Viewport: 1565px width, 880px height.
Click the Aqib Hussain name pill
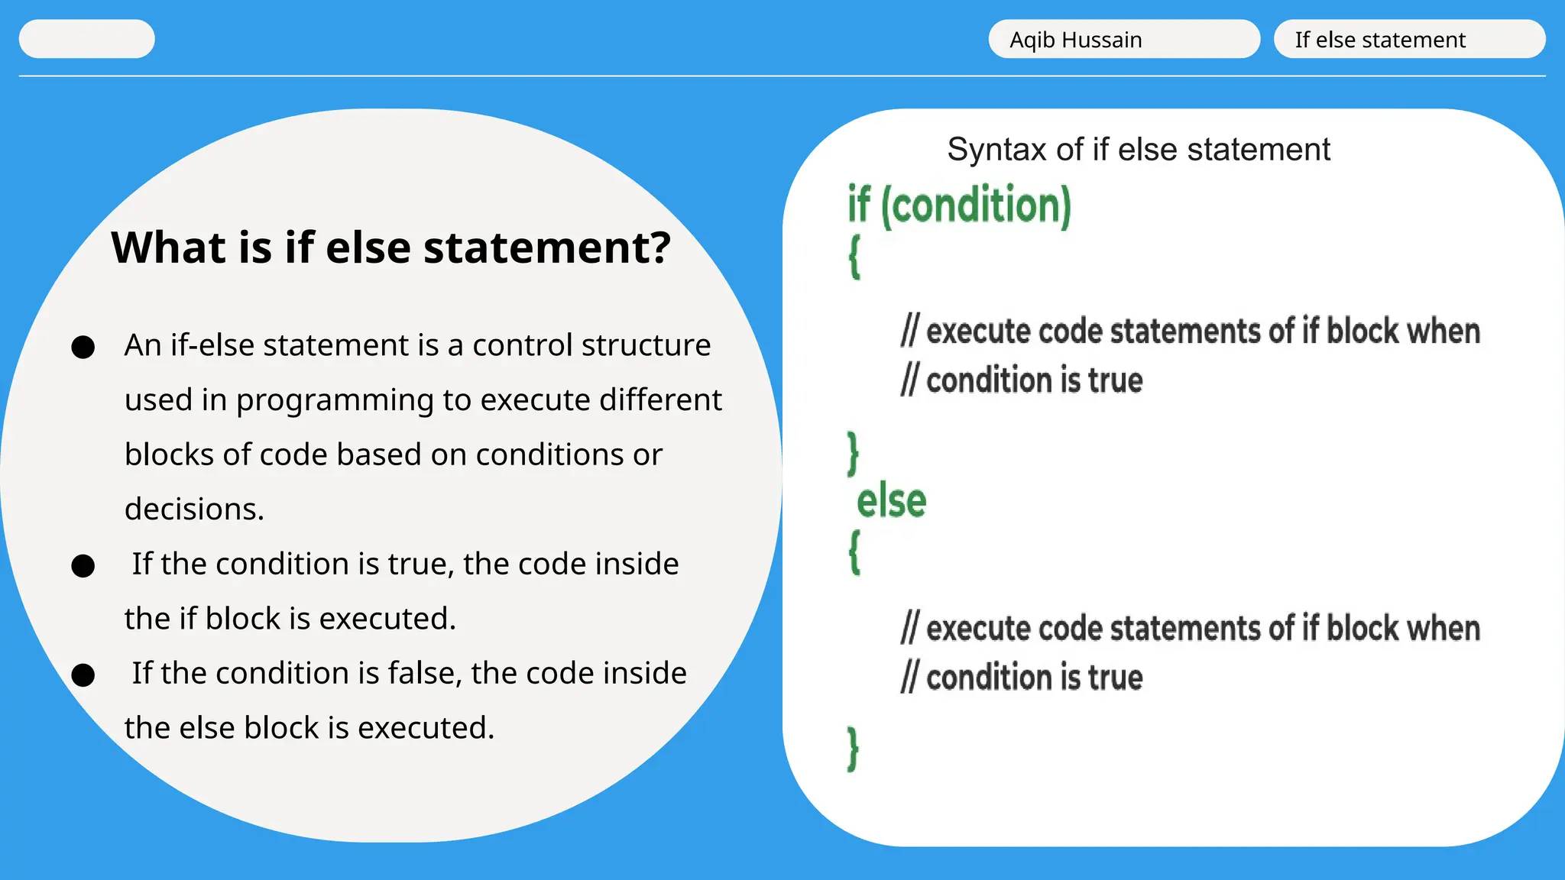pos(1123,39)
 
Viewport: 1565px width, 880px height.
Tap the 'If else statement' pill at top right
pos(1409,39)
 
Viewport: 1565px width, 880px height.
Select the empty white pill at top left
pos(86,39)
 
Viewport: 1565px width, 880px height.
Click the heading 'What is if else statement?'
pos(390,247)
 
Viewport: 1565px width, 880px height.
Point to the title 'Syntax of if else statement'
pos(1138,149)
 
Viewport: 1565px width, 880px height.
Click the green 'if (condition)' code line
pos(959,205)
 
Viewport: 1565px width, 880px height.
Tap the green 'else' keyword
pos(891,502)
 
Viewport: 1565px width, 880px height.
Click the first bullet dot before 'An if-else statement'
pos(83,347)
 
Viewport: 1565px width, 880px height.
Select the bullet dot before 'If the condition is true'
pos(83,566)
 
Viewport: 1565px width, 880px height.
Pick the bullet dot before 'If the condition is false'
pos(83,675)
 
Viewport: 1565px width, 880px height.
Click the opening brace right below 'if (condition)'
pos(854,257)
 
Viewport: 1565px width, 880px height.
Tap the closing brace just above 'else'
pos(853,453)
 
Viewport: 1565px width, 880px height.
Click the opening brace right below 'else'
pos(854,552)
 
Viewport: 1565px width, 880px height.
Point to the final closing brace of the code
pos(853,749)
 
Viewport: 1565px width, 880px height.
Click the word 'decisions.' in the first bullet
pos(194,509)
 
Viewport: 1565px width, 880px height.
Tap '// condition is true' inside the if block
pos(1022,380)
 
